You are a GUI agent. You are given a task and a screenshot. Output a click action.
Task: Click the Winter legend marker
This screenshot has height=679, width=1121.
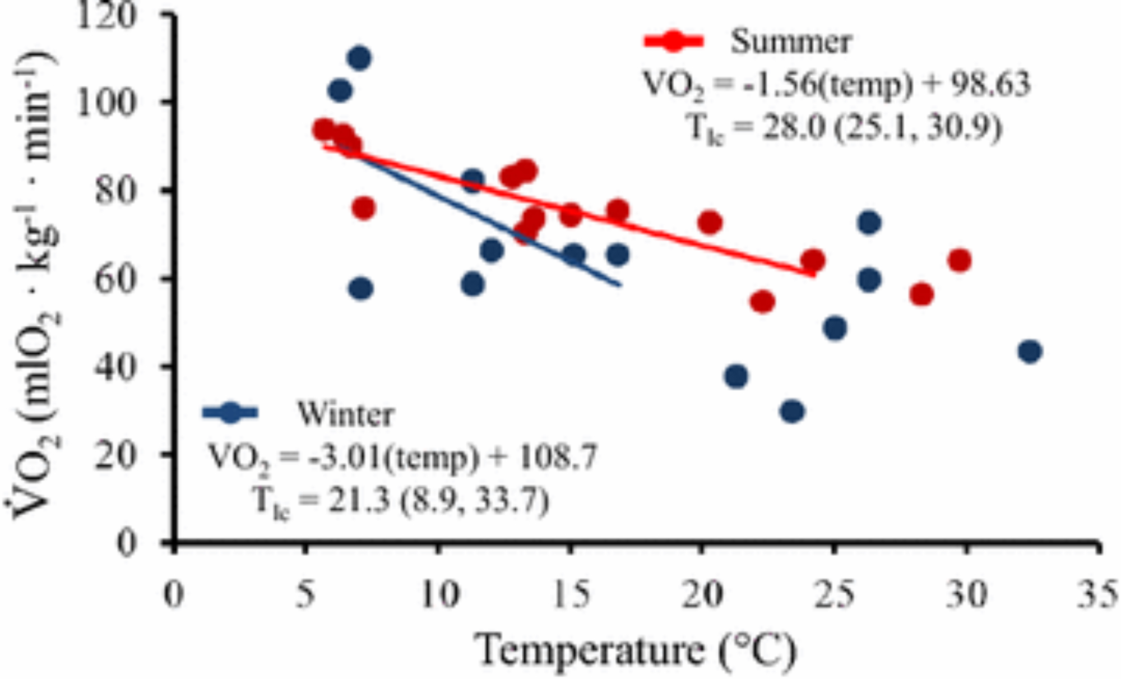[x=230, y=413]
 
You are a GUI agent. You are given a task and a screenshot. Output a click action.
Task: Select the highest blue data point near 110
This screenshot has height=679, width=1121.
[x=359, y=58]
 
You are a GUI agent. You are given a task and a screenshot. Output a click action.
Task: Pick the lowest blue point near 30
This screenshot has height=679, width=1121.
[x=791, y=412]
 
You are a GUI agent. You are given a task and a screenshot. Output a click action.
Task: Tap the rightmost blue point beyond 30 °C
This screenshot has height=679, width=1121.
[x=1030, y=352]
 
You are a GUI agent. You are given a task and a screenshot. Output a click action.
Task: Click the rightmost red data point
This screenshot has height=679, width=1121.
[x=960, y=260]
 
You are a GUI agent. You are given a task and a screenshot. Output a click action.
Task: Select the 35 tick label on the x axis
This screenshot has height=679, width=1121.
[x=1096, y=594]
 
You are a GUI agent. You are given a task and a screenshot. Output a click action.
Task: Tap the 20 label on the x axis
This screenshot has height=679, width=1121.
[x=701, y=594]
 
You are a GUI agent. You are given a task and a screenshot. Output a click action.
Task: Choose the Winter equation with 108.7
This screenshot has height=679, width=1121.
[x=402, y=457]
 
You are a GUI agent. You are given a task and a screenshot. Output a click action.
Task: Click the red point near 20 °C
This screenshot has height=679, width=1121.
[x=710, y=223]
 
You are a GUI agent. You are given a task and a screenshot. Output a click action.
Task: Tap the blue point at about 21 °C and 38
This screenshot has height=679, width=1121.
[x=736, y=376]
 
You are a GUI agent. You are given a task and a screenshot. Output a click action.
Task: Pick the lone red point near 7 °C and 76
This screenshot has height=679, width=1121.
[x=363, y=209]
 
